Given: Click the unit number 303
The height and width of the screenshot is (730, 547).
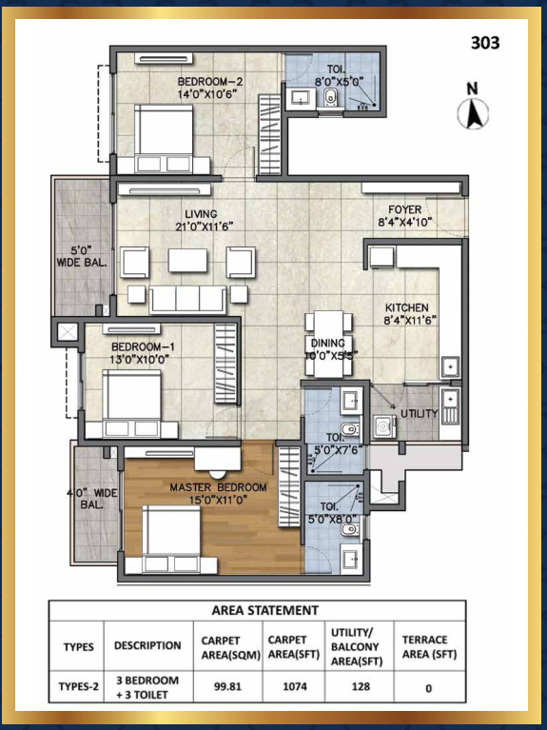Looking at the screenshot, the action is coord(485,43).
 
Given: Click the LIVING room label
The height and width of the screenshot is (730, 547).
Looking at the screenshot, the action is coord(201,214).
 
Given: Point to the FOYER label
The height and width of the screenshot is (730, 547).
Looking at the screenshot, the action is coord(405,209).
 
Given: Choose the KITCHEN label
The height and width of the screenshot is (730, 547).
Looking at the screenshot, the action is coord(406,307).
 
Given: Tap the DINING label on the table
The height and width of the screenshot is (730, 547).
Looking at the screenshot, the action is coord(328,344).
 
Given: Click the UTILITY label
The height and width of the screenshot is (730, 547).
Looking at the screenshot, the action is coord(419,413).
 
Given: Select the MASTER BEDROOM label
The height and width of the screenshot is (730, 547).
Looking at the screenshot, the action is coord(218,487).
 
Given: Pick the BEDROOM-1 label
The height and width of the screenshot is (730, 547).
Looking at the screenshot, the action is coord(143,346).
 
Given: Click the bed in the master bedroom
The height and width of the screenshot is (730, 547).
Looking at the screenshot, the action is coord(171,539).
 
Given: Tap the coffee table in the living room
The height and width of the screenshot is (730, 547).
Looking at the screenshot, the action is coord(187,260).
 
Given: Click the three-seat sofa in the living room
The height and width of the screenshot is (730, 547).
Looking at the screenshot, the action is coord(187,300).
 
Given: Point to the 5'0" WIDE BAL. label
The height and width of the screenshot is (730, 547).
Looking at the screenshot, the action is coord(82,256).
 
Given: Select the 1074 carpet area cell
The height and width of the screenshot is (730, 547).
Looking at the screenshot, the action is coord(295,686).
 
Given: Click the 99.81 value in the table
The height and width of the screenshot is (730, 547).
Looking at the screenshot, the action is coord(227,686).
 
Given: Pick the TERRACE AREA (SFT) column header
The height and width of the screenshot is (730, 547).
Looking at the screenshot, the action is coord(429,646).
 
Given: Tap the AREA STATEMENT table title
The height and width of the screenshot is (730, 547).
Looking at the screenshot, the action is coord(264,610).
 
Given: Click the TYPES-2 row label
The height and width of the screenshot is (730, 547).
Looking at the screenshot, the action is coord(79,686).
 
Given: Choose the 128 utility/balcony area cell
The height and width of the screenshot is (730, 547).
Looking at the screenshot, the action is coord(361,686).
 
